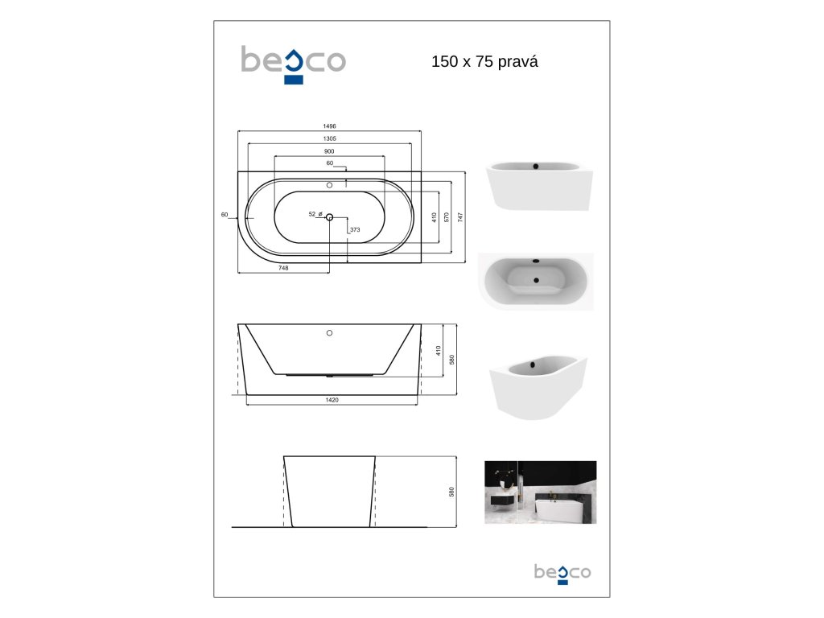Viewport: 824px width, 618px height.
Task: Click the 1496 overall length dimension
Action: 329,126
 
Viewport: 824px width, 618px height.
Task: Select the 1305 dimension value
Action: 329,138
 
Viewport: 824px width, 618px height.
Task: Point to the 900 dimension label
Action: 329,151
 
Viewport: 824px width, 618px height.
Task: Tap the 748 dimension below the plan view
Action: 283,268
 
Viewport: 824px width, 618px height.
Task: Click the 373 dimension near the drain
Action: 355,229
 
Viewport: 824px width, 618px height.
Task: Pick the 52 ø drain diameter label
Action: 315,214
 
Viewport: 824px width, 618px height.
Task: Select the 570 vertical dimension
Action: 447,217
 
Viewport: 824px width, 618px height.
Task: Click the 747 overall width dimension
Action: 460,217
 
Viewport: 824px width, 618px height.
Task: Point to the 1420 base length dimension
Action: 332,400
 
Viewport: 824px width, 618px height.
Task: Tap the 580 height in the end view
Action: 451,492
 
